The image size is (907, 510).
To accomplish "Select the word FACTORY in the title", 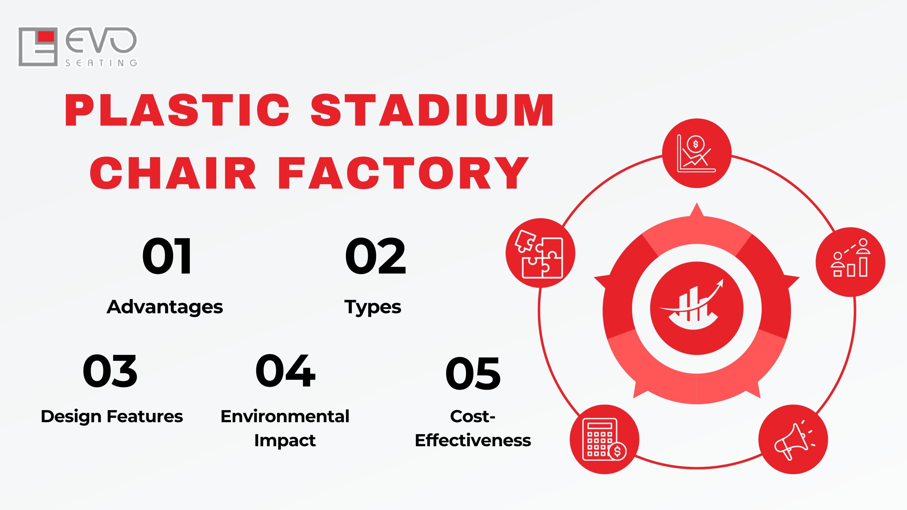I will (x=403, y=173).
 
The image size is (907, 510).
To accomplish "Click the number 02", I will (x=376, y=256).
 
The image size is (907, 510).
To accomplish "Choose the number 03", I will (x=110, y=371).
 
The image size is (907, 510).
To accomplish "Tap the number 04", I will (x=285, y=371).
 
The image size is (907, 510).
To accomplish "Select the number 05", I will (x=473, y=374).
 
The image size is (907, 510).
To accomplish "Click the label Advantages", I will (x=165, y=307).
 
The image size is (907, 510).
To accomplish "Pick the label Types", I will (x=373, y=307).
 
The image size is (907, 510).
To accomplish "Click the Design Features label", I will (x=112, y=416).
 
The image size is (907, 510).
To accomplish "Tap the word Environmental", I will (x=285, y=416).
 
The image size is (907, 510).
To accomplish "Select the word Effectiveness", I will (x=473, y=441).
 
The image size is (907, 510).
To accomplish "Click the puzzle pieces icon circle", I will (x=540, y=253).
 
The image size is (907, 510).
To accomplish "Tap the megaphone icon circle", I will (x=793, y=439).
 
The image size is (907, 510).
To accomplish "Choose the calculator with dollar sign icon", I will (x=604, y=439).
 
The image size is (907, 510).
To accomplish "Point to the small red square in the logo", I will (x=46, y=36).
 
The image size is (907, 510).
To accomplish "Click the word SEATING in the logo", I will (x=101, y=63).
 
